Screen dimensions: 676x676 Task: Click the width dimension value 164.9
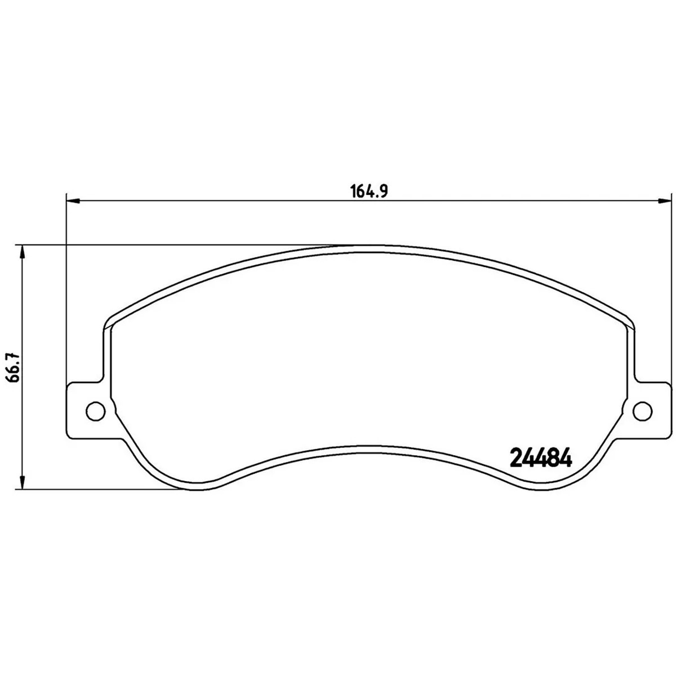pos(369,191)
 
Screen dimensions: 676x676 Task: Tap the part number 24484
pos(541,457)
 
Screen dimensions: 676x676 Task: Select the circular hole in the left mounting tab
pos(95,411)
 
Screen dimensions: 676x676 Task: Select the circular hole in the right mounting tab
pos(643,411)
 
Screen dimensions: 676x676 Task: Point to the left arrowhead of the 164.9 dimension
pos(73,201)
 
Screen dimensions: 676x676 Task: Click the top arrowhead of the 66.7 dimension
pos(23,252)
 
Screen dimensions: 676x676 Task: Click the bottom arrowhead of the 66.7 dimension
pos(23,482)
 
